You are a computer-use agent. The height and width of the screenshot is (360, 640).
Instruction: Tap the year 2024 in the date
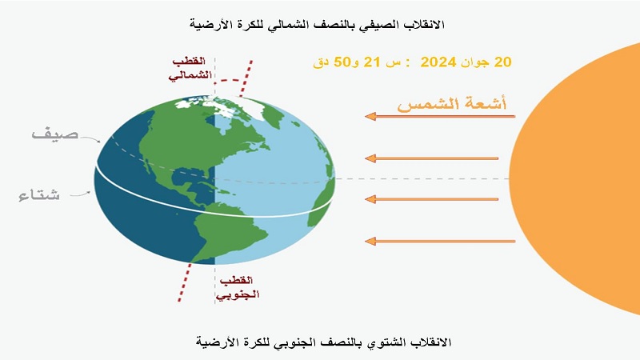438,62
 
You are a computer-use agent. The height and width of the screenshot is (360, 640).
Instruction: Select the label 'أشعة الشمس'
452,103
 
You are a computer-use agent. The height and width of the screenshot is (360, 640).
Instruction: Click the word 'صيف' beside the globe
55,134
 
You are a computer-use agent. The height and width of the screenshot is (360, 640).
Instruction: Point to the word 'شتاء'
39,194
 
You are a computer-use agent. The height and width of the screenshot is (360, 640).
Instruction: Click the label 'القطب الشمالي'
191,68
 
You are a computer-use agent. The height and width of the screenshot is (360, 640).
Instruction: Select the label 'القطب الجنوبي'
238,287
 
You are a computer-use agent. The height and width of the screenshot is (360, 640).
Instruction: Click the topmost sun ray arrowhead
370,117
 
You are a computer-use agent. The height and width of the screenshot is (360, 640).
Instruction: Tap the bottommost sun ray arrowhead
370,242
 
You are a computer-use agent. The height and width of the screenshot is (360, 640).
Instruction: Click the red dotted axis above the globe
246,78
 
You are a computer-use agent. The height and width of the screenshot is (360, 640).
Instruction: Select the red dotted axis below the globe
185,282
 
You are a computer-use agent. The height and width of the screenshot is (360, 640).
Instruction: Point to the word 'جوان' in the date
474,62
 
